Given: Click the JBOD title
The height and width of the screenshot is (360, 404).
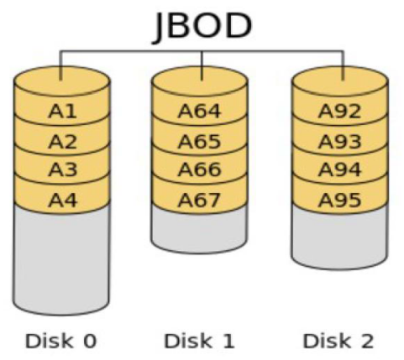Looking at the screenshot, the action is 202,27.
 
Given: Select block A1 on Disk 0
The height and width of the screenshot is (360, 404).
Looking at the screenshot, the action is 62,112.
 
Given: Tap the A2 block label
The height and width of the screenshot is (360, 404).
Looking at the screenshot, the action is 62,142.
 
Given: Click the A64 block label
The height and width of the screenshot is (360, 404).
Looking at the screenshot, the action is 199,111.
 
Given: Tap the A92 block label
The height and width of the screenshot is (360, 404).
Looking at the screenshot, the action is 339,111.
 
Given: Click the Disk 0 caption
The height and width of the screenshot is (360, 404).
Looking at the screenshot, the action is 61,341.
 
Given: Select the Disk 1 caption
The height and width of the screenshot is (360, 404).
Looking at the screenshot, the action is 199,341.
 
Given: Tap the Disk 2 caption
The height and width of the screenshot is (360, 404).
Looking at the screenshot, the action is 338,341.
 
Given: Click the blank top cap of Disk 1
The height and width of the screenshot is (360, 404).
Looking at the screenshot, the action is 199,81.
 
